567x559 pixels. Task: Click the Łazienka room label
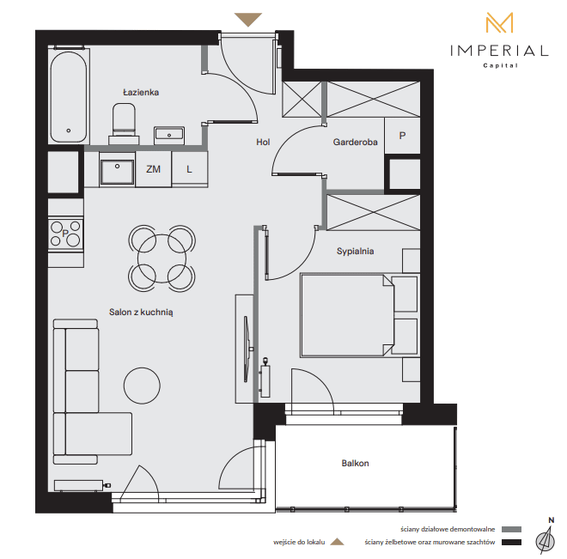[x=141, y=92]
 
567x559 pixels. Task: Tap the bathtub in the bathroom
[x=69, y=96]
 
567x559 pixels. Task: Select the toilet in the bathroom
[x=124, y=124]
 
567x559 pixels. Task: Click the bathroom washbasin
[x=169, y=135]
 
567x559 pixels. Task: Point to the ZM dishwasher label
[x=153, y=169]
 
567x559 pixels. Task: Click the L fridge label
[x=189, y=169]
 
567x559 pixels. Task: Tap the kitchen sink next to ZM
[x=117, y=171]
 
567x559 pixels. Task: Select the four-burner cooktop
[x=65, y=234]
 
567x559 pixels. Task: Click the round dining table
[x=162, y=258]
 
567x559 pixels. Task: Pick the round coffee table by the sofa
[x=142, y=386]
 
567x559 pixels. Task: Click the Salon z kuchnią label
[x=141, y=313]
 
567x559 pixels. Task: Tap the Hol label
[x=263, y=142]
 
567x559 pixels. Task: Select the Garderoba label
[x=355, y=142]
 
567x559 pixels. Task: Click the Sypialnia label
[x=355, y=251]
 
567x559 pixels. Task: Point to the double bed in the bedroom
[x=360, y=315]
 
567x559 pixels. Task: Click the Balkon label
[x=355, y=463]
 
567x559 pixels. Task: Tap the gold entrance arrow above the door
[x=248, y=20]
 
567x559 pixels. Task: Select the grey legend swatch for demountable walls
[x=511, y=529]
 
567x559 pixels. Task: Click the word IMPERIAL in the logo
[x=499, y=51]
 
